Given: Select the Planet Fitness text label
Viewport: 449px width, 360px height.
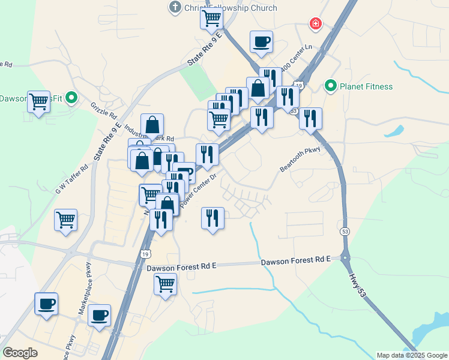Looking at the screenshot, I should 366,86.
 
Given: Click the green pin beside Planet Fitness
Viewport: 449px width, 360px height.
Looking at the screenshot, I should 330,86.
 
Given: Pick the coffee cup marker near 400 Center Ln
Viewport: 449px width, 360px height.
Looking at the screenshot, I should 261,42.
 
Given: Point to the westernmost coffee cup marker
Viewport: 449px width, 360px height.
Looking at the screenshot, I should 46,304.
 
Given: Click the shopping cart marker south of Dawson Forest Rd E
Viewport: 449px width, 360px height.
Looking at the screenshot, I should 165,284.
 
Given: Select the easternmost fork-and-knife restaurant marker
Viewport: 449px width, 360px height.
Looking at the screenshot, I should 310,118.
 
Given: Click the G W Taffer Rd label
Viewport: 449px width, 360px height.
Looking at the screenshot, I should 72,178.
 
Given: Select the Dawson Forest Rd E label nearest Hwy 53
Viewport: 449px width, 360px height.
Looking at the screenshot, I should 296,260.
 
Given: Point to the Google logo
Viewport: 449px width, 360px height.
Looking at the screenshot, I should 20,353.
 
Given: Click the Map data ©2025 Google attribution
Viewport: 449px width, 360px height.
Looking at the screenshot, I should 411,355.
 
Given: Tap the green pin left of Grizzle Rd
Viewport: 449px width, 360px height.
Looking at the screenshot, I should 71,97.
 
